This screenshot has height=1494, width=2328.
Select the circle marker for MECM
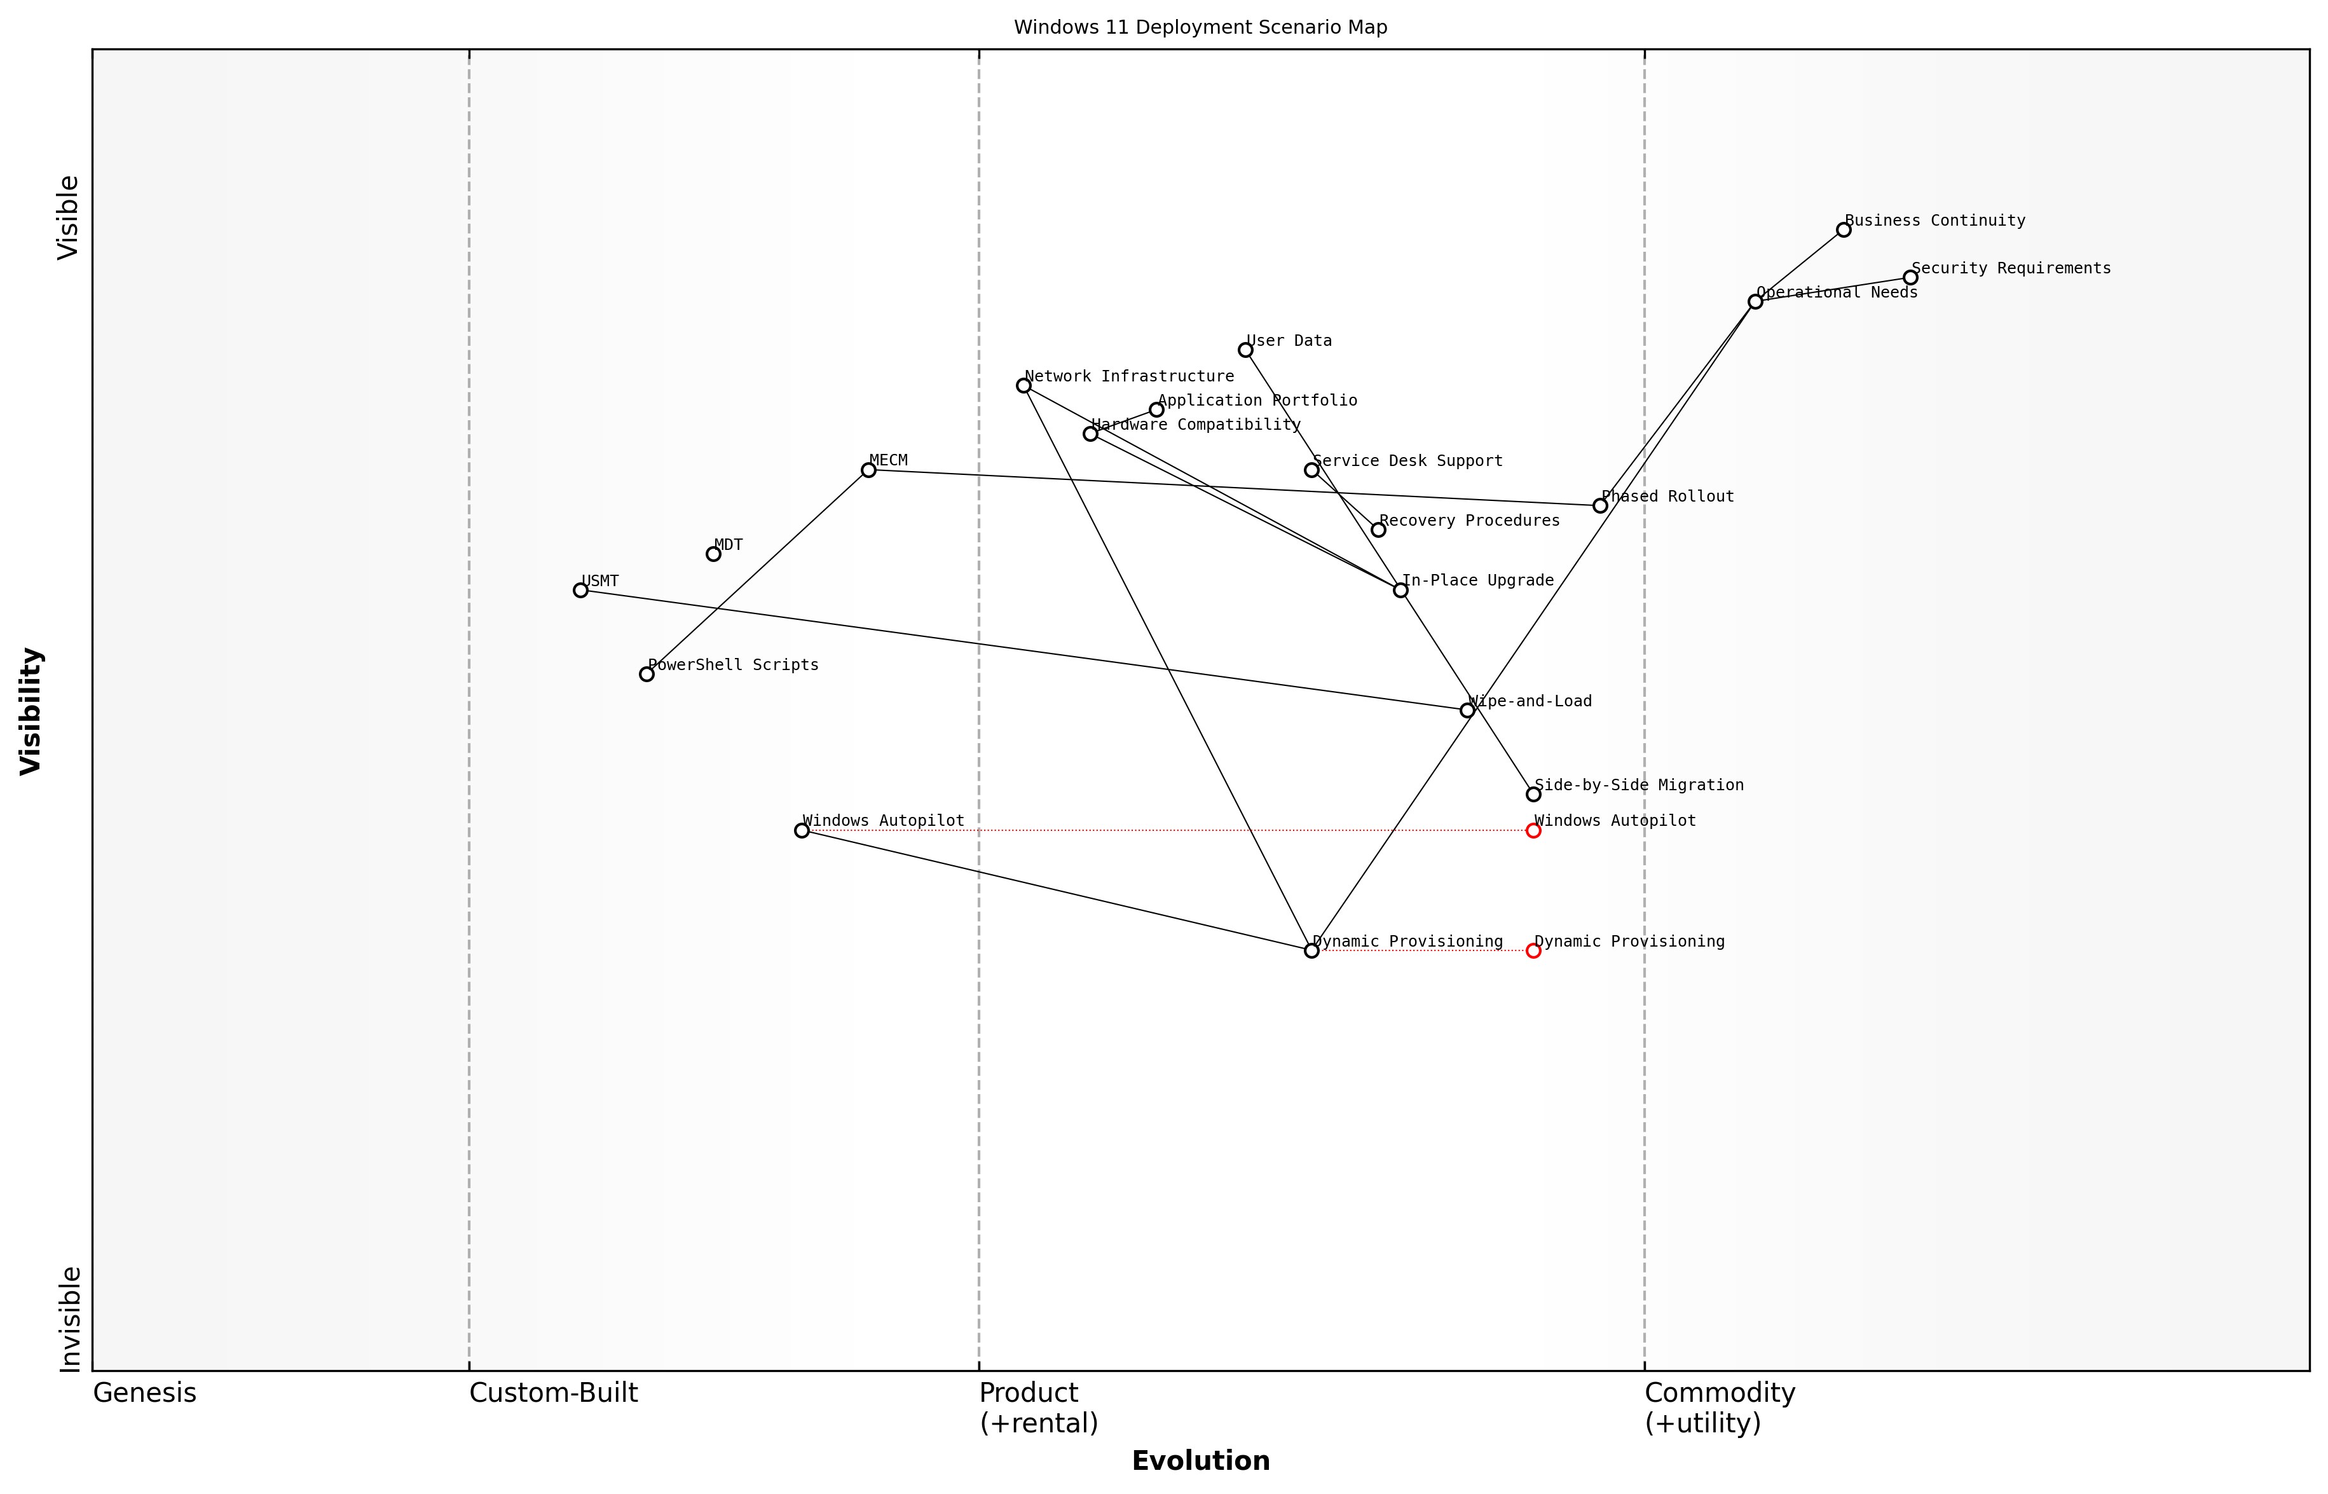pyautogui.click(x=868, y=470)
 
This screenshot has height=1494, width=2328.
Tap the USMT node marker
pyautogui.click(x=580, y=590)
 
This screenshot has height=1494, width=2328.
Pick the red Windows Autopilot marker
pyautogui.click(x=1533, y=830)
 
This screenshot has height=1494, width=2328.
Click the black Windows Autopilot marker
pyautogui.click(x=801, y=830)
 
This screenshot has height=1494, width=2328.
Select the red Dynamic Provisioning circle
pyautogui.click(x=1533, y=950)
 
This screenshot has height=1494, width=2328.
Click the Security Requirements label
pyautogui.click(x=2011, y=268)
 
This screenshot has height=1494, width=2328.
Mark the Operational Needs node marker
pyautogui.click(x=1755, y=302)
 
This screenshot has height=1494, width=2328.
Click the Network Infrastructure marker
pyautogui.click(x=1024, y=385)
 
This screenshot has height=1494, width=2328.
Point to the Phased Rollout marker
pyautogui.click(x=1599, y=505)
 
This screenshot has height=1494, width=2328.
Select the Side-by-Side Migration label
pyautogui.click(x=1638, y=785)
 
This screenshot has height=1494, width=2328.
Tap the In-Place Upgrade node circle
pyautogui.click(x=1400, y=590)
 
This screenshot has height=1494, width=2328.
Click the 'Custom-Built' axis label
pyautogui.click(x=553, y=1393)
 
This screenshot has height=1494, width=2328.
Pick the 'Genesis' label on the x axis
pyautogui.click(x=144, y=1393)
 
